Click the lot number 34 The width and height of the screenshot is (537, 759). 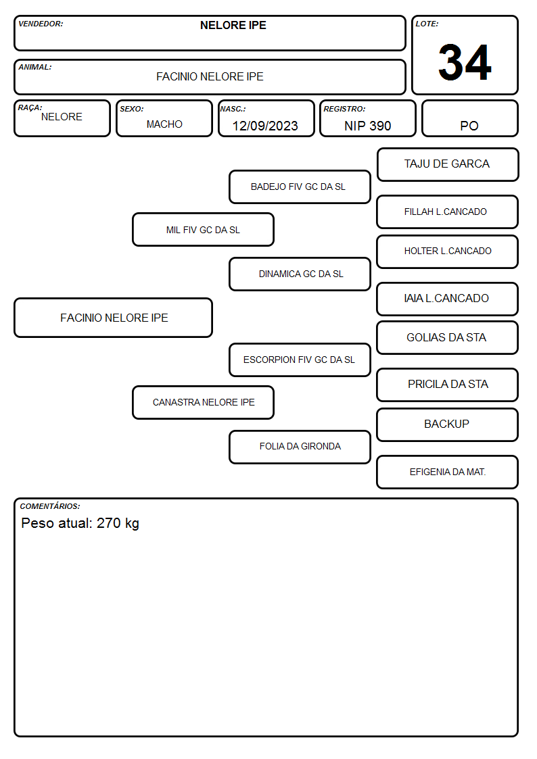(465, 62)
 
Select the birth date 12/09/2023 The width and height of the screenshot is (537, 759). (265, 126)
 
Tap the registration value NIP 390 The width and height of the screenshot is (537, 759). (367, 126)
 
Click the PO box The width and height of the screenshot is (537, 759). (469, 118)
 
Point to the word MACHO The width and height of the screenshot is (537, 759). (164, 124)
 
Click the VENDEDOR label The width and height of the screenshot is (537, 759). (41, 24)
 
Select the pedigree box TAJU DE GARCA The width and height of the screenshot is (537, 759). (448, 165)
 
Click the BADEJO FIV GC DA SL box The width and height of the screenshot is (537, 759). (300, 187)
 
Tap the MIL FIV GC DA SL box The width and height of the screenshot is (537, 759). (203, 230)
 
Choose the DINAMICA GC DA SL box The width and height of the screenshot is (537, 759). (300, 274)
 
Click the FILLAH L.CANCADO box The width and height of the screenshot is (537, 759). (448, 212)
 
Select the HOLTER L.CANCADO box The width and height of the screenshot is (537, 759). (448, 251)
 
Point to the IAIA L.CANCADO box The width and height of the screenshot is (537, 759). (448, 299)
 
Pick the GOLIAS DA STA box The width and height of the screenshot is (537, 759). (448, 338)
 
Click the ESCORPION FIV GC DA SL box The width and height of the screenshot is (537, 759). (300, 360)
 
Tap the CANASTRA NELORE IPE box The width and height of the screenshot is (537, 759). (203, 403)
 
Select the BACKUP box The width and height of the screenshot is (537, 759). (448, 424)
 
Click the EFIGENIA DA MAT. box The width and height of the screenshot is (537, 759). (448, 472)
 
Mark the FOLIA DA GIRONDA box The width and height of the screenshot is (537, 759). (300, 447)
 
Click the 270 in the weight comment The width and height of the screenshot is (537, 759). (108, 523)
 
